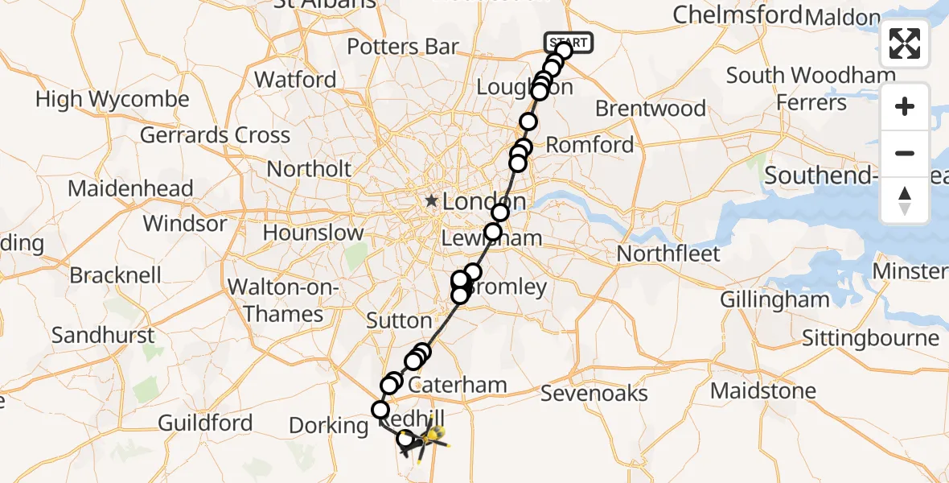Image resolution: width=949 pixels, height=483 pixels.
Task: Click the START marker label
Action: [x=569, y=42]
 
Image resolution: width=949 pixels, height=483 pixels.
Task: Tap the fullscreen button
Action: [x=905, y=43]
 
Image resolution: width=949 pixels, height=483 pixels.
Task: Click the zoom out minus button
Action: [x=905, y=153]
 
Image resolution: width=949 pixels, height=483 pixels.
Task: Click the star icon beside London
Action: [x=432, y=200]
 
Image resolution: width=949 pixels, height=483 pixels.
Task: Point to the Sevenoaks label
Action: [x=594, y=393]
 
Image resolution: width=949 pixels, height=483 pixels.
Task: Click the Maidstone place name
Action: [x=762, y=391]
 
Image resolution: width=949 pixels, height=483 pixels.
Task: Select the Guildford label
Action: [x=205, y=423]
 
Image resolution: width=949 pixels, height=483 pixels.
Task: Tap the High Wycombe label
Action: [x=113, y=100]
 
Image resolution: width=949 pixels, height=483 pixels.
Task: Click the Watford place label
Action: [x=295, y=80]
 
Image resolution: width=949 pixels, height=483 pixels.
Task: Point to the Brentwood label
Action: [x=651, y=108]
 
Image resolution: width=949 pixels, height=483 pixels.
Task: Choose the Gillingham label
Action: [x=774, y=299]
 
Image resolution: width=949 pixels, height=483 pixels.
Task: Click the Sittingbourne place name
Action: [x=870, y=338]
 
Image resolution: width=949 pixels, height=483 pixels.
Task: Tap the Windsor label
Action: [x=186, y=223]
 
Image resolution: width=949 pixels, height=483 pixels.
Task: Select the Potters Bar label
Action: [x=403, y=47]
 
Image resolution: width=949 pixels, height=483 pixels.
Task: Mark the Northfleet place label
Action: [x=668, y=254]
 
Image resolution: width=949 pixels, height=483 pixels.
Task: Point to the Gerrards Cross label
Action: [x=215, y=134]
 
